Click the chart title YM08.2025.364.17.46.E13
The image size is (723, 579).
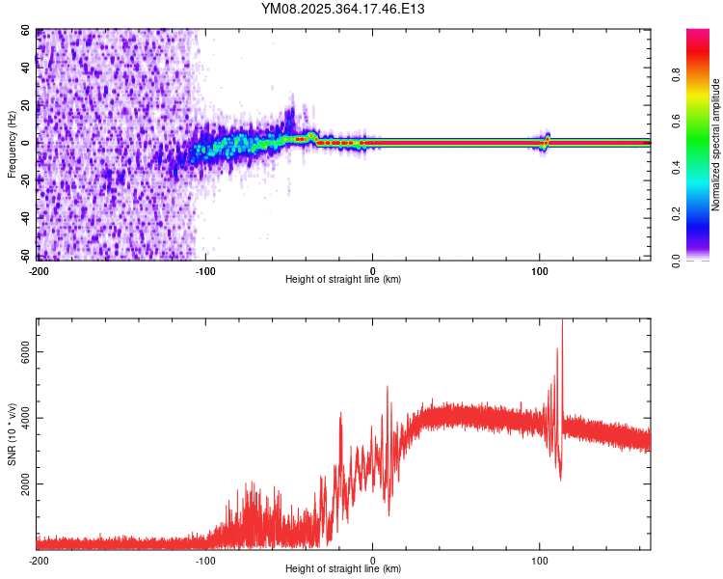pos(343,9)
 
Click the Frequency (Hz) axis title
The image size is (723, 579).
pos(12,145)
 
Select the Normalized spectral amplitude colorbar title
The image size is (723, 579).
pos(716,145)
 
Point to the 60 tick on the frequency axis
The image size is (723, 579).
pos(26,31)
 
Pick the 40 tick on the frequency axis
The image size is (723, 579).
pos(26,69)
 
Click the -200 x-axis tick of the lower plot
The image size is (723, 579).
pos(39,561)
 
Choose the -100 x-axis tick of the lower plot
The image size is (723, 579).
pos(205,561)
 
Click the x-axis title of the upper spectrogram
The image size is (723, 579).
pos(343,280)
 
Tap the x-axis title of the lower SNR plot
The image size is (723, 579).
pos(343,569)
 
